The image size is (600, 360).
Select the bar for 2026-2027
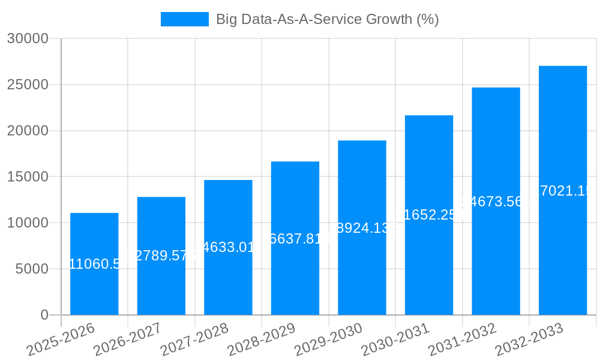coord(161,282)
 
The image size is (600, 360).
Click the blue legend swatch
coord(185,19)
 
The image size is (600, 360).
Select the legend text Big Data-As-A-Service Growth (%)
coord(328,19)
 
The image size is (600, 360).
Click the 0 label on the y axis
coord(44,315)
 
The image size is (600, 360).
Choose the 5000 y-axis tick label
coord(31,269)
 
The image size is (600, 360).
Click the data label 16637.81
coord(295,238)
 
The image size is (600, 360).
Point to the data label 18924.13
coord(362,228)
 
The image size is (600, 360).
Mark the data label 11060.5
coord(94,263)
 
